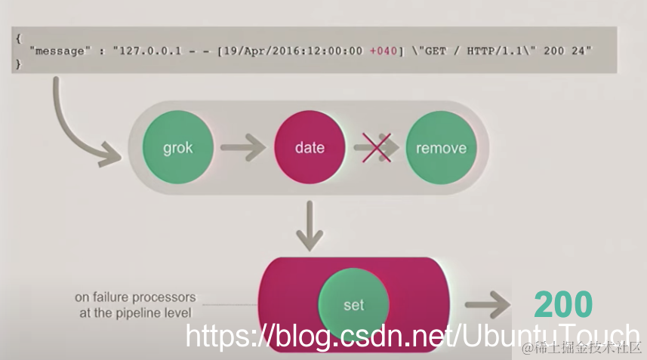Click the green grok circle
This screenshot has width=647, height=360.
(x=178, y=148)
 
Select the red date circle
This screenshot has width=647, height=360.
(x=310, y=148)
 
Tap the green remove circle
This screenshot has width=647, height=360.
(x=441, y=148)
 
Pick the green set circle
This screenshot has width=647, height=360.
(x=353, y=305)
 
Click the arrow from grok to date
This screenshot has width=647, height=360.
(x=244, y=148)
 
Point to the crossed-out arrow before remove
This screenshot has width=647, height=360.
(x=375, y=148)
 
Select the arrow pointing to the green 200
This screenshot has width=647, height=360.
(x=489, y=305)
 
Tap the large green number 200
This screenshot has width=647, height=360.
(x=563, y=305)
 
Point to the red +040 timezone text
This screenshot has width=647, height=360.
(x=381, y=51)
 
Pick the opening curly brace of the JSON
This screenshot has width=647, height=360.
(x=18, y=37)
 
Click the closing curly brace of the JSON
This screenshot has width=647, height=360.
(x=18, y=64)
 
